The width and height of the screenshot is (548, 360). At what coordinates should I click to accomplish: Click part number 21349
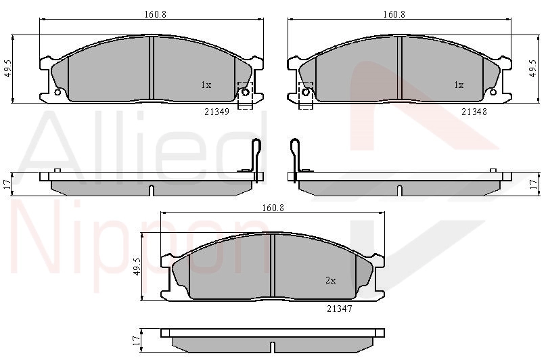[216, 112]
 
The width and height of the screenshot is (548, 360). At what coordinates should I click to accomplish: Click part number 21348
[474, 112]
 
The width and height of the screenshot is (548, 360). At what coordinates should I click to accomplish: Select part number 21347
[340, 309]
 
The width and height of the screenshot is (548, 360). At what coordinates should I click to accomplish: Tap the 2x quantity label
[331, 280]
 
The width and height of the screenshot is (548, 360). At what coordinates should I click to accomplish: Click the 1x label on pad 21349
[206, 85]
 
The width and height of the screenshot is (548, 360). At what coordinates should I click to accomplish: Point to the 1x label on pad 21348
[459, 85]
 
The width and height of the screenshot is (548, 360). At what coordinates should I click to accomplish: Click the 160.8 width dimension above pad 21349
[155, 14]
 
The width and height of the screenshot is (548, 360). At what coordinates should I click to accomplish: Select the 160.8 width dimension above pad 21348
[394, 14]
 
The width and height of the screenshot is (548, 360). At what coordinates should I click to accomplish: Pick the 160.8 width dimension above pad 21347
[273, 208]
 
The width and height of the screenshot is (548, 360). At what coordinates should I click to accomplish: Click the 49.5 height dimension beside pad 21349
[8, 68]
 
